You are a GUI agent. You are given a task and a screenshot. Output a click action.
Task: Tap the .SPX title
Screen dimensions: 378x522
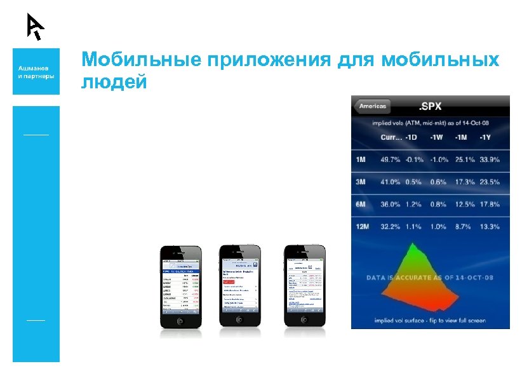[x=431, y=106]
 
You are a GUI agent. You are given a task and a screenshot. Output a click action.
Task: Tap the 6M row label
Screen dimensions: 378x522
[x=361, y=204]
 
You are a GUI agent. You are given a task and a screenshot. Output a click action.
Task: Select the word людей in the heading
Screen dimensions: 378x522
[x=114, y=82]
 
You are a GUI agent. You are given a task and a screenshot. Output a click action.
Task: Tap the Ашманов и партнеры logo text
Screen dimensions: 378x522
[x=36, y=71]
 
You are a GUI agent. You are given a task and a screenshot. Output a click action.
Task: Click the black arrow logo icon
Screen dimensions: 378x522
[x=35, y=26]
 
